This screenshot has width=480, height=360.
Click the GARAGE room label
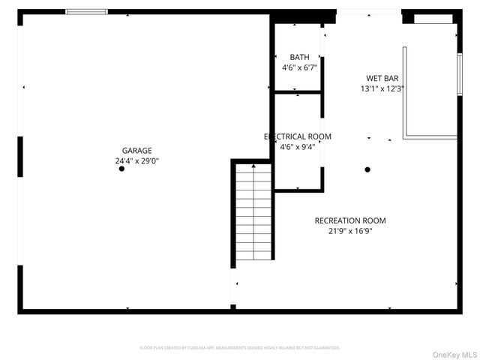(x=137, y=150)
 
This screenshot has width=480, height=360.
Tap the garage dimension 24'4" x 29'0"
(x=137, y=160)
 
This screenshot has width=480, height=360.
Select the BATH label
(x=299, y=57)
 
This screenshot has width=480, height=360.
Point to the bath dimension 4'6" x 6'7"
(x=299, y=67)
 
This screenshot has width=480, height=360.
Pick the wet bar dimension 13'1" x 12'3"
(x=382, y=88)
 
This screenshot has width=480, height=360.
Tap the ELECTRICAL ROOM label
(x=298, y=136)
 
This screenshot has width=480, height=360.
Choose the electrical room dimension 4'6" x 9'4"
(x=298, y=147)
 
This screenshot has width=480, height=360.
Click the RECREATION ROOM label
(x=350, y=220)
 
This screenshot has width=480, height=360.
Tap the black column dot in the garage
(x=121, y=169)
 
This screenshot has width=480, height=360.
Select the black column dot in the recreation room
(x=367, y=169)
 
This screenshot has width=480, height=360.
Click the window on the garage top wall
(x=86, y=12)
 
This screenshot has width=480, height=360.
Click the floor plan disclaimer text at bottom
(x=240, y=348)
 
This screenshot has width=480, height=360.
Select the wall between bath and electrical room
(x=298, y=92)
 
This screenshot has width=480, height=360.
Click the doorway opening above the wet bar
(x=368, y=12)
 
